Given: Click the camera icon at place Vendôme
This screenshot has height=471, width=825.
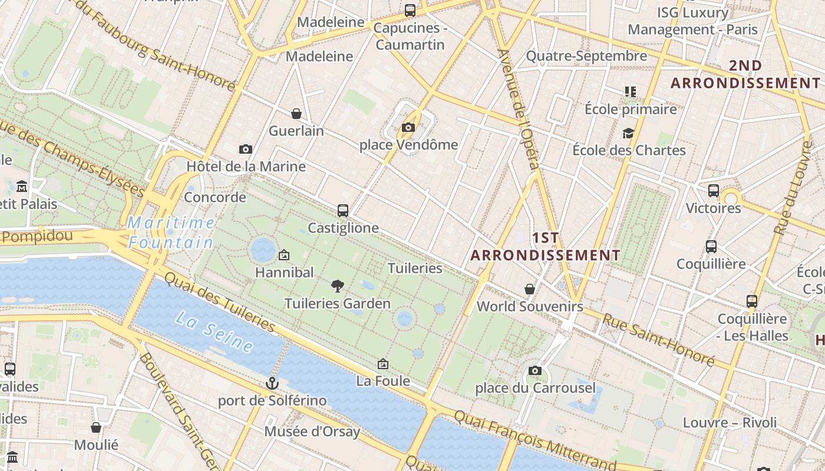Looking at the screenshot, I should point(408,127).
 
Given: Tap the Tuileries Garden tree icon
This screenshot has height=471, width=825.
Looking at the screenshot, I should point(338,286).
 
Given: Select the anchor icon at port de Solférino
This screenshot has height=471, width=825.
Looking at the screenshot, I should point(272,383).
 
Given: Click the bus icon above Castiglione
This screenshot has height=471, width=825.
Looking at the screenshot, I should point(343,210).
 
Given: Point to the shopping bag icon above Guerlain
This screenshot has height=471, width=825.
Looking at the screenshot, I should point(296,113).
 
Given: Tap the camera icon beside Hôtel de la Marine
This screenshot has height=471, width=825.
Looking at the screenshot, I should point(246,150).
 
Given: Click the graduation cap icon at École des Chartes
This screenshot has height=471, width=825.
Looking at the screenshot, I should point(629,133).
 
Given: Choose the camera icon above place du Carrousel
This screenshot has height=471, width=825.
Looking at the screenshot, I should point(534,370).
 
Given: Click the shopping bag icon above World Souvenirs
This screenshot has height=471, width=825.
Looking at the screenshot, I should point(530,289).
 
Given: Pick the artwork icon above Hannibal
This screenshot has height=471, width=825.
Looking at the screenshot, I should point(284,255).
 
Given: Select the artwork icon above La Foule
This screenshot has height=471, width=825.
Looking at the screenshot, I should point(383,364).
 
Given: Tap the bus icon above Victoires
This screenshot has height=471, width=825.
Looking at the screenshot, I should point(713,191).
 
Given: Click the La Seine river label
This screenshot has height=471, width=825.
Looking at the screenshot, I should point(214,331).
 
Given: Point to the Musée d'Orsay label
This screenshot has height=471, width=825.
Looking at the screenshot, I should point(312,432).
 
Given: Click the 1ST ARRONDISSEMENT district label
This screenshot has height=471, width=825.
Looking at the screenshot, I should point(546,247).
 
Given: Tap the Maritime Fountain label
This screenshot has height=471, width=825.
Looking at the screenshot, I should point(171,232).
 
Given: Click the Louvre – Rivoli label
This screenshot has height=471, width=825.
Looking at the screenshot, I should point(730,423).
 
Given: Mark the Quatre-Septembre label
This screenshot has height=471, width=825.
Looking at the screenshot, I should point(586,57).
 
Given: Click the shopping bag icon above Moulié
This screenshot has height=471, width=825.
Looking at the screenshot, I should point(96,427).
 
